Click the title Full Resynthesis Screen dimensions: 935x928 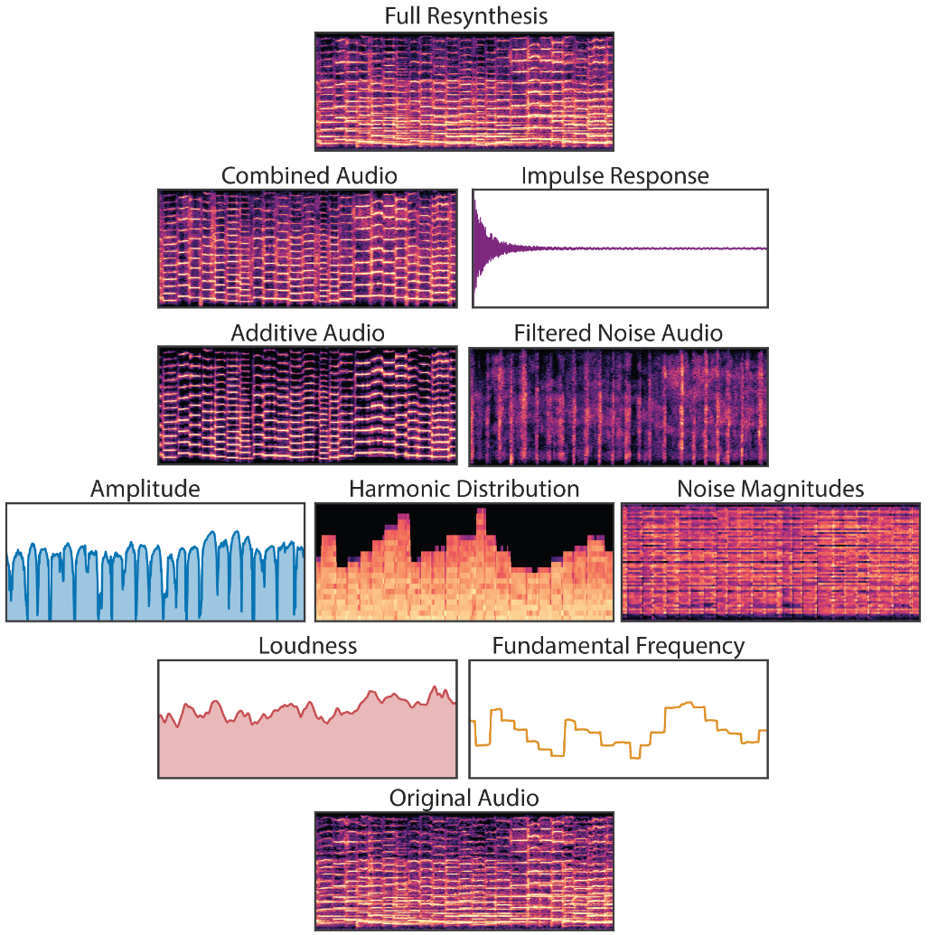click(465, 16)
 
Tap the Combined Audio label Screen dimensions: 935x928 click(309, 175)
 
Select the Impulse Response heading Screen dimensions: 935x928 click(614, 175)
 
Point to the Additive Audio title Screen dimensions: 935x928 click(307, 332)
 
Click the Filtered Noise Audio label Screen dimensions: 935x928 click(618, 332)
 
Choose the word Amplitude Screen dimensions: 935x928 click(145, 489)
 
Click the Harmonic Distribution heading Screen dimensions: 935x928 click(464, 489)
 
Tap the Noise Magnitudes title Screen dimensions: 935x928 click(770, 489)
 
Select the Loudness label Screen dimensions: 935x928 click(307, 646)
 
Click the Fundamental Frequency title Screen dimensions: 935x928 click(618, 646)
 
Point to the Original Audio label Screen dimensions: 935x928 click(464, 798)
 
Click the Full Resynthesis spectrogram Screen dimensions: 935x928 click(464, 91)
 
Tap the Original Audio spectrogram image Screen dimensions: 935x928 click(464, 871)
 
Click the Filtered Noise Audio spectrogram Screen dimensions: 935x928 click(619, 406)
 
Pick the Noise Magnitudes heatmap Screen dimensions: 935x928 click(771, 562)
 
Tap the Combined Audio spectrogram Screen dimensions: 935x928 click(307, 248)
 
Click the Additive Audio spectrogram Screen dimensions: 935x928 click(307, 406)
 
